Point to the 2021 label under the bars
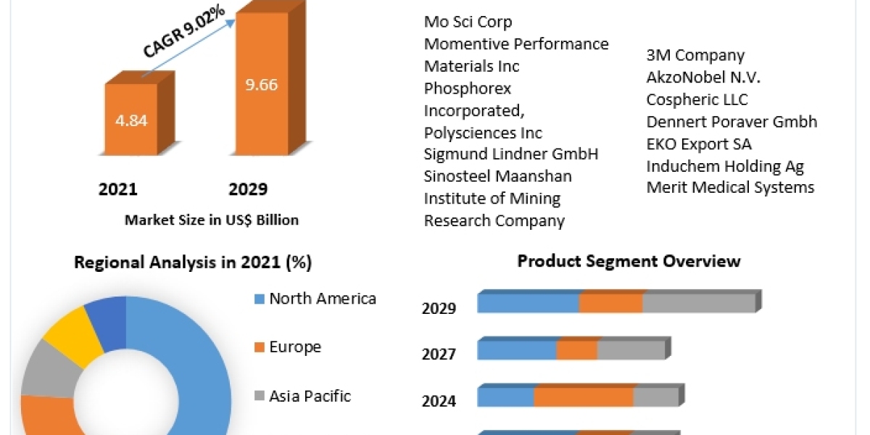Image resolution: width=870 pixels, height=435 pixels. point(118,189)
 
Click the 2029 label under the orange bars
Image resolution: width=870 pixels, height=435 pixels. point(248,189)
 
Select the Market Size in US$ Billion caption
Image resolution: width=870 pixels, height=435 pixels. point(212,220)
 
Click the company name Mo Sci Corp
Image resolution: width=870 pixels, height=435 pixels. point(468,22)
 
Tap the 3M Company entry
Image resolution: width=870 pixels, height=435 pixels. point(695,55)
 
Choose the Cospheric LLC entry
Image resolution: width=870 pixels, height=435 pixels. point(697,99)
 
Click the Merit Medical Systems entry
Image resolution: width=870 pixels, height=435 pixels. point(730,187)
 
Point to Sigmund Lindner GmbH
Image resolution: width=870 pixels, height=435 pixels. point(511,154)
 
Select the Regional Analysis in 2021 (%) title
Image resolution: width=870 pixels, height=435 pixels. point(193,262)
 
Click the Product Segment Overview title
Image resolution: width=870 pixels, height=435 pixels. point(629,261)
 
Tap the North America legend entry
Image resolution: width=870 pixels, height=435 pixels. point(322,299)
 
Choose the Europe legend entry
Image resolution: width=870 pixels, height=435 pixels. point(294,347)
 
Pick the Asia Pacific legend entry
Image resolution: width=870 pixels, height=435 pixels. point(310,396)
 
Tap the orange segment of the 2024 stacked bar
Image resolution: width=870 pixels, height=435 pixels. point(584,397)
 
